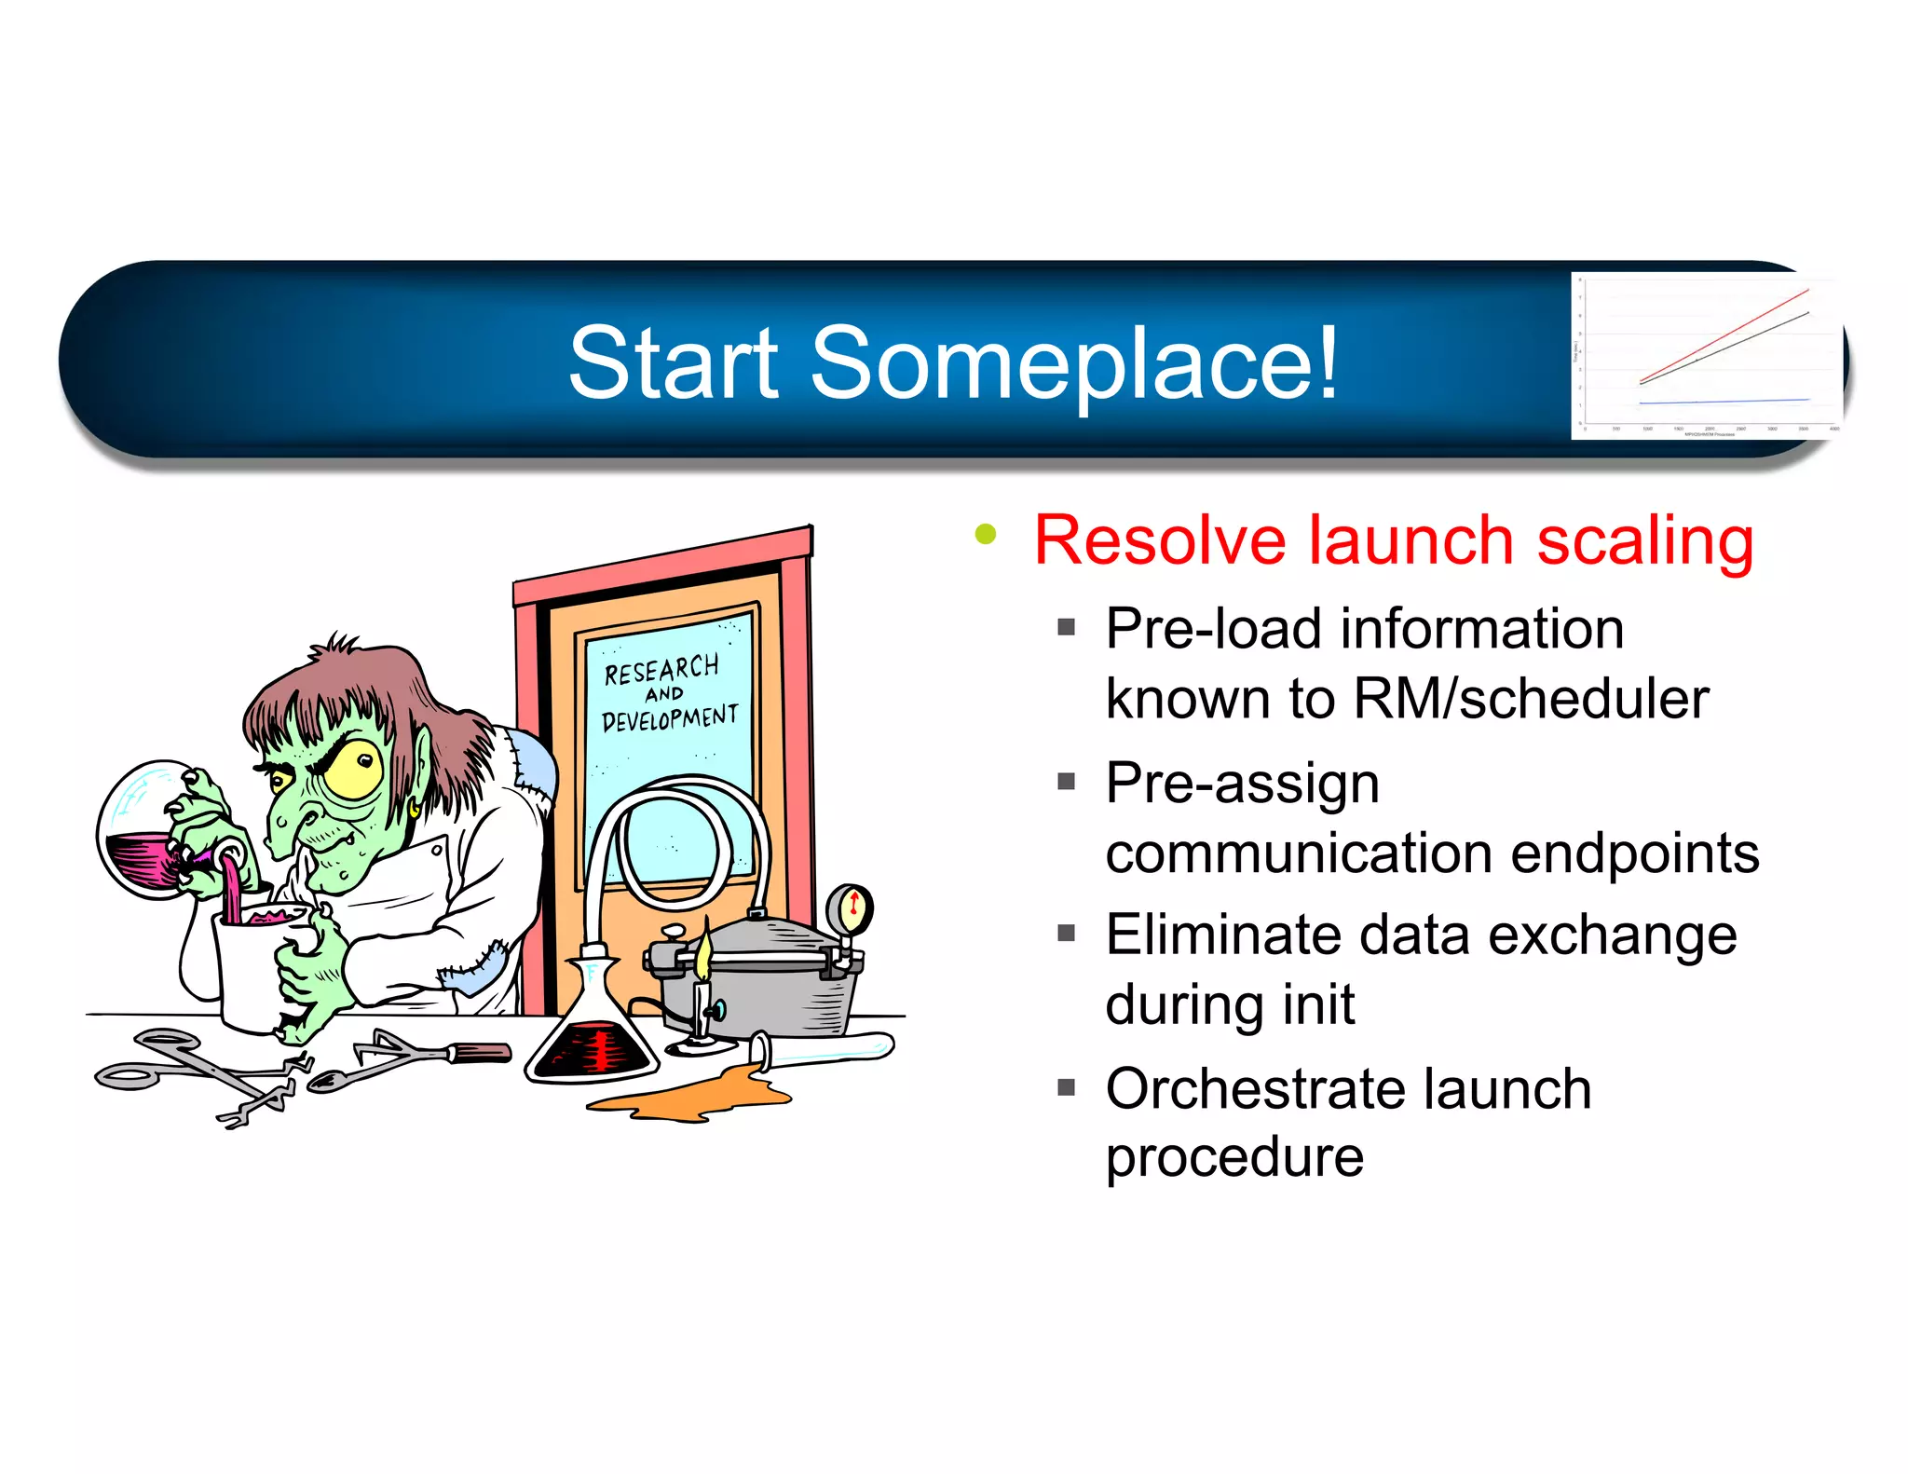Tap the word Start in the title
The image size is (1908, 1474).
tap(673, 363)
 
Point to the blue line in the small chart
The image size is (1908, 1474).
tap(1724, 402)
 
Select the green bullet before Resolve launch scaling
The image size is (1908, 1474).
tap(985, 535)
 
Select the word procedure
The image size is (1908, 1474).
tap(1233, 1158)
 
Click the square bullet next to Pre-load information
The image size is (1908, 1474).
tap(1067, 627)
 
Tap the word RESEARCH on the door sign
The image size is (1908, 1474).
tap(661, 669)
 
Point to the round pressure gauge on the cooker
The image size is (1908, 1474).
tap(849, 907)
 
